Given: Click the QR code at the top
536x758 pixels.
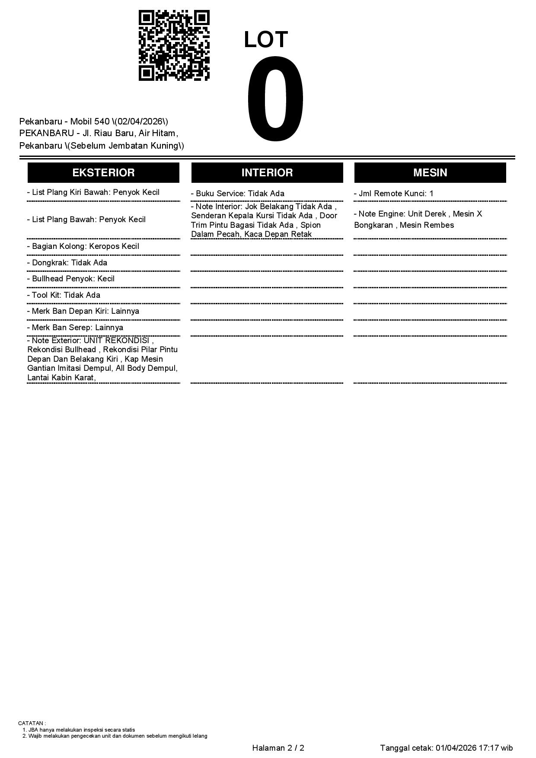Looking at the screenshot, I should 174,45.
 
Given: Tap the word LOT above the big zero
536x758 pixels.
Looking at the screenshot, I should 266,40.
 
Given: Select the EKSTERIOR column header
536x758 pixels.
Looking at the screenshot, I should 103,173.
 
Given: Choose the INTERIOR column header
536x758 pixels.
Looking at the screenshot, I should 267,173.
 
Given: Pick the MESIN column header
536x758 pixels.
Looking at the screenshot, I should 430,173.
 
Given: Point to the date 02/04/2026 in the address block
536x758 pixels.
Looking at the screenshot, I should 140,121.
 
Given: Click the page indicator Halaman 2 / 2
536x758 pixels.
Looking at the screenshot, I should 278,748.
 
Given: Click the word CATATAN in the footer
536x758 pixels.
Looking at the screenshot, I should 31,723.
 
